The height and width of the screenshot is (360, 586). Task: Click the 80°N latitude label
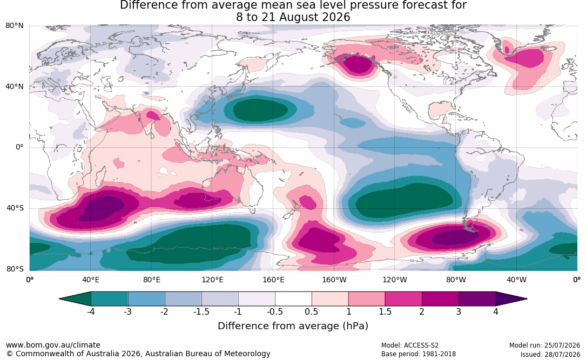[x=14, y=26]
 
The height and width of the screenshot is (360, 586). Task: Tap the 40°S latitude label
[x=15, y=208]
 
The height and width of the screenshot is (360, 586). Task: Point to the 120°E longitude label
[x=212, y=280]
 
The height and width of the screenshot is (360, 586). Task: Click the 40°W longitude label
[x=516, y=280]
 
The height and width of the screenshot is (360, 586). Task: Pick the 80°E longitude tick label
[x=151, y=280]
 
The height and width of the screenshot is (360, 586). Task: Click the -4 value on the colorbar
[x=91, y=311]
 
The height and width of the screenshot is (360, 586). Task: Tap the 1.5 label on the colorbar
[x=385, y=311]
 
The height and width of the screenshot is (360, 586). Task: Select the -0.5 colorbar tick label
[x=275, y=311]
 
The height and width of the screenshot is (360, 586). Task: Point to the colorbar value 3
[x=459, y=311]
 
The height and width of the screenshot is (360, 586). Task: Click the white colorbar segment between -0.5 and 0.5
[x=293, y=299]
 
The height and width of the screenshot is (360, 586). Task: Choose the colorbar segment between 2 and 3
[x=440, y=299]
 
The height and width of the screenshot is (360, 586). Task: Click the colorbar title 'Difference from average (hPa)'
[x=293, y=326]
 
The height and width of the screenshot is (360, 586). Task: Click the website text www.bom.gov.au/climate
[x=53, y=345]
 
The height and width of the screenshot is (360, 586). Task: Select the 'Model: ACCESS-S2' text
[x=410, y=345]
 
